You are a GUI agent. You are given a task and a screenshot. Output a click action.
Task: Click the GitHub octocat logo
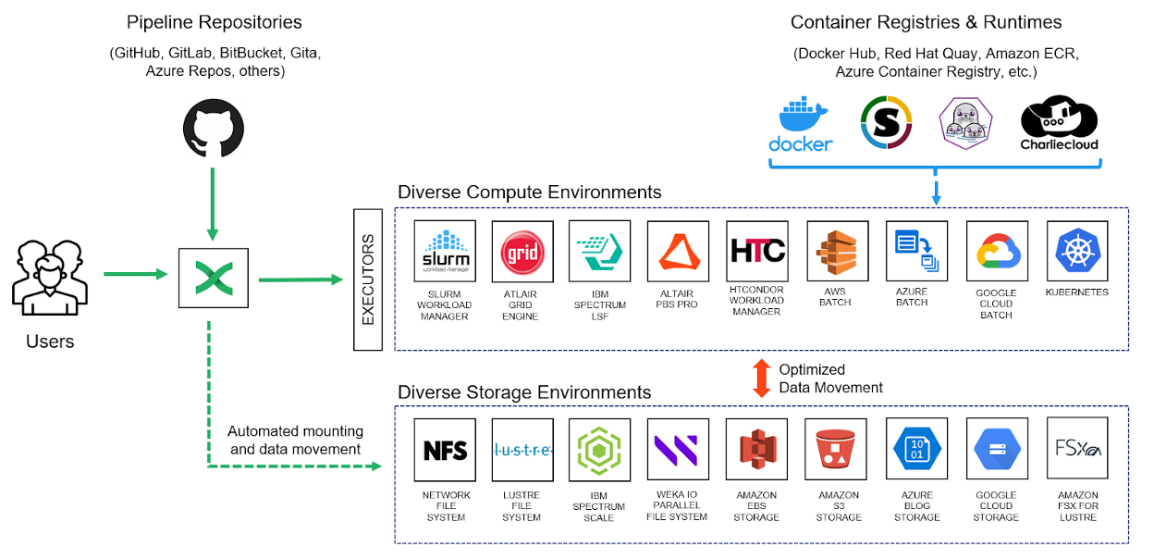pos(214,130)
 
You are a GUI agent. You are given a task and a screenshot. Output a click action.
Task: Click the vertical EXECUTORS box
pos(368,279)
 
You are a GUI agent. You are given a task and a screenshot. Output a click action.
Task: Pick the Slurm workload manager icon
pos(445,251)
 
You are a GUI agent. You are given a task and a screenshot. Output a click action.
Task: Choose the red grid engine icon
pos(522,251)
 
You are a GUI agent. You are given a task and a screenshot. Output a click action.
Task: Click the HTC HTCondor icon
pos(757,251)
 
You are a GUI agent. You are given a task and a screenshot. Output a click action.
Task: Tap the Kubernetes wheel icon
pos(1077,251)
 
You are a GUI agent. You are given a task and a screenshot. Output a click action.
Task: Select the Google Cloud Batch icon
pos(996,251)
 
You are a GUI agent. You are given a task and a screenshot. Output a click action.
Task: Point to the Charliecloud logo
pos(1059,125)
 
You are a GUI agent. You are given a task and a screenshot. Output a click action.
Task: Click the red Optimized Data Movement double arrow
pos(762,379)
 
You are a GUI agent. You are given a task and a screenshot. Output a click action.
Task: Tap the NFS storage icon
pos(445,449)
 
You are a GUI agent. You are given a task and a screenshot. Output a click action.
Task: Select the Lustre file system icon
pos(522,449)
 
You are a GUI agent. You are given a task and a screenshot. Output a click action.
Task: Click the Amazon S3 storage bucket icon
pos(836,449)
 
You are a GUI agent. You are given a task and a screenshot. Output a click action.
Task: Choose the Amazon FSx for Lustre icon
pos(1077,449)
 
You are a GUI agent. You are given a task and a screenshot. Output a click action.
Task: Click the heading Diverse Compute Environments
pos(529,193)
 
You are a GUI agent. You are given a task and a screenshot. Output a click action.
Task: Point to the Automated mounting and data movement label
pos(295,441)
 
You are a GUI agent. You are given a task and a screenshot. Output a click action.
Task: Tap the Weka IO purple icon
pos(678,449)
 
